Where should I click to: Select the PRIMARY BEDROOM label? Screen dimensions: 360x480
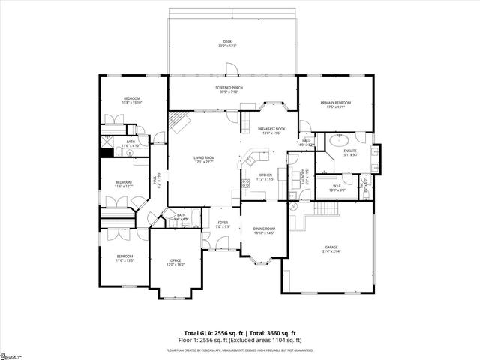point(336,104)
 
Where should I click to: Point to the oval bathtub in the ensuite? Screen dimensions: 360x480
point(339,139)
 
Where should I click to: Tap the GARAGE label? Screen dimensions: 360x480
point(331,247)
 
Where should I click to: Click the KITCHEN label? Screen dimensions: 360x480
point(265,176)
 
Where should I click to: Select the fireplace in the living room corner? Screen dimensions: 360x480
point(178,120)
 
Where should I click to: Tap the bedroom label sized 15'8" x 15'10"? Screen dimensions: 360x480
point(133,100)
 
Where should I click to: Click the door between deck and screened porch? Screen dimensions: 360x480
point(233,70)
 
